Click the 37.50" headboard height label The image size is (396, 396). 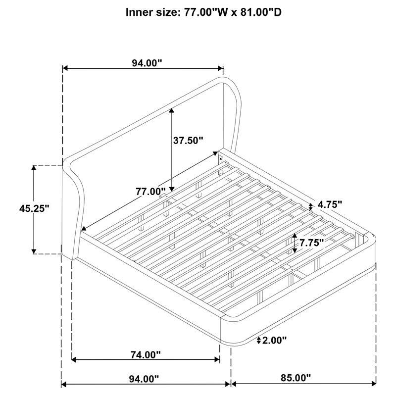(x=188, y=141)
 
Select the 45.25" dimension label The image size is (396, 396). (x=34, y=208)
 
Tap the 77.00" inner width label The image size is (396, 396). (x=150, y=192)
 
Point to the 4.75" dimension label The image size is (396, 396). (x=330, y=204)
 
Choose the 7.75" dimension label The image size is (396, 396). (x=312, y=243)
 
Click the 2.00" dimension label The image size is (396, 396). (x=275, y=340)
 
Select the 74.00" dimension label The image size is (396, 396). (x=146, y=355)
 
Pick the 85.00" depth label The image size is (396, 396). (x=296, y=378)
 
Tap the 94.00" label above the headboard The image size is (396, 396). (x=147, y=63)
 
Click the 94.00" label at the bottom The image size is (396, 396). (x=144, y=379)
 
